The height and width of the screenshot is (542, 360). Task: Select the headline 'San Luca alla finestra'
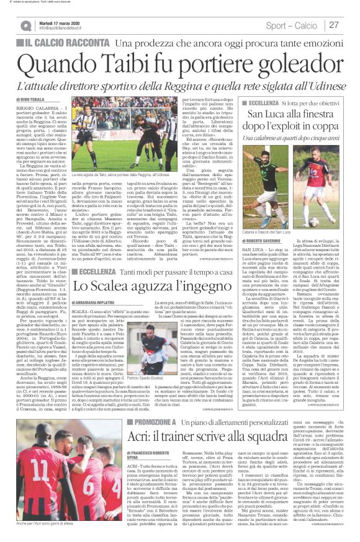292,114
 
